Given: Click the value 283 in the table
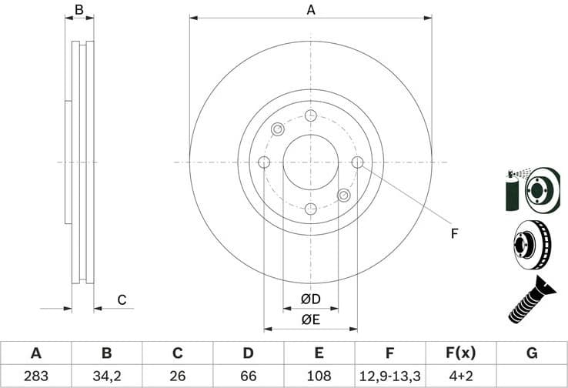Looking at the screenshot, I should [x=35, y=376].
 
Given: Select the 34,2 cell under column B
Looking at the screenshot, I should [x=106, y=376].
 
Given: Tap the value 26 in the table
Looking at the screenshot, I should [x=177, y=376].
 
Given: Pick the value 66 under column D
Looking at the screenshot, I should [x=248, y=376].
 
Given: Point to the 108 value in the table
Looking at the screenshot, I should [x=319, y=376].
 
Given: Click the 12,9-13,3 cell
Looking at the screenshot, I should [x=389, y=376].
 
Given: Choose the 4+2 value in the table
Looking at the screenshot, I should [x=460, y=376].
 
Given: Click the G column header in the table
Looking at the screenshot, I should [x=532, y=353].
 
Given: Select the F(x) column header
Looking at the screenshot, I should [x=460, y=353].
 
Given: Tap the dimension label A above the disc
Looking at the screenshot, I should [x=311, y=10].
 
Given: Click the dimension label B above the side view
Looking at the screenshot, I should [x=79, y=10].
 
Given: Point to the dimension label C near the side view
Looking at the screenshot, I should [x=121, y=300].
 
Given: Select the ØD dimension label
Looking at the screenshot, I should [x=311, y=299].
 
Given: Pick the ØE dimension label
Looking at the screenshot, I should [x=311, y=318].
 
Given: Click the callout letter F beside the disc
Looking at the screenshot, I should [x=454, y=233].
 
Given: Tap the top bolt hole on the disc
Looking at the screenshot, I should [x=311, y=115].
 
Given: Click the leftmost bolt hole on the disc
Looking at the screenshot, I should [x=264, y=162].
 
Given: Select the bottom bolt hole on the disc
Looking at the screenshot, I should [x=311, y=209].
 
